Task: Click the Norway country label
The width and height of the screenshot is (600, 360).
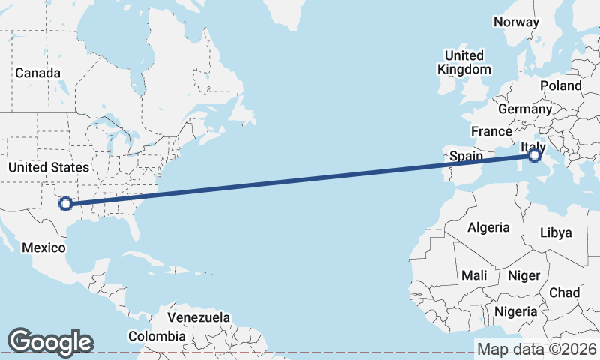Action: [516, 22]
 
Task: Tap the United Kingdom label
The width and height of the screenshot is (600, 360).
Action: [464, 62]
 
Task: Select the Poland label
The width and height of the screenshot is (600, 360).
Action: [560, 85]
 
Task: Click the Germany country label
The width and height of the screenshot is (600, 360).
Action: [525, 109]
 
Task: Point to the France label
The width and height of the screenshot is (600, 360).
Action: [491, 131]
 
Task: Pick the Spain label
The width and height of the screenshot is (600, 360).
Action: [466, 157]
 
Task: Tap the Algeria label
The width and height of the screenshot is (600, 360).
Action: [488, 227]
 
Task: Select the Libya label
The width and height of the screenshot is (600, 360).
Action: [556, 232]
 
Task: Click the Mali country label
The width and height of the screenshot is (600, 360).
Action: [474, 275]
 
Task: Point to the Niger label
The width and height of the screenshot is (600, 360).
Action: [523, 275]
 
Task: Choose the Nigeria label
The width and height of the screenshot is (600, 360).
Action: [515, 311]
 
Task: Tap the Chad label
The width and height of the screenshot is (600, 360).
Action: [565, 292]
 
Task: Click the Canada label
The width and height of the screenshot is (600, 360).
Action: [37, 73]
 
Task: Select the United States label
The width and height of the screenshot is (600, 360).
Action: [48, 167]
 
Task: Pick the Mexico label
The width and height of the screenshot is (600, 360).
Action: [43, 247]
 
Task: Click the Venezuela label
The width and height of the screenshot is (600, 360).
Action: [199, 317]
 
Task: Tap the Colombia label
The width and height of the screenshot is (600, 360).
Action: [157, 336]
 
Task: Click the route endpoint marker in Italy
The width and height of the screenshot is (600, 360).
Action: [534, 156]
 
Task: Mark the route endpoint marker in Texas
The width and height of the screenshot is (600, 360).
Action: [66, 203]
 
